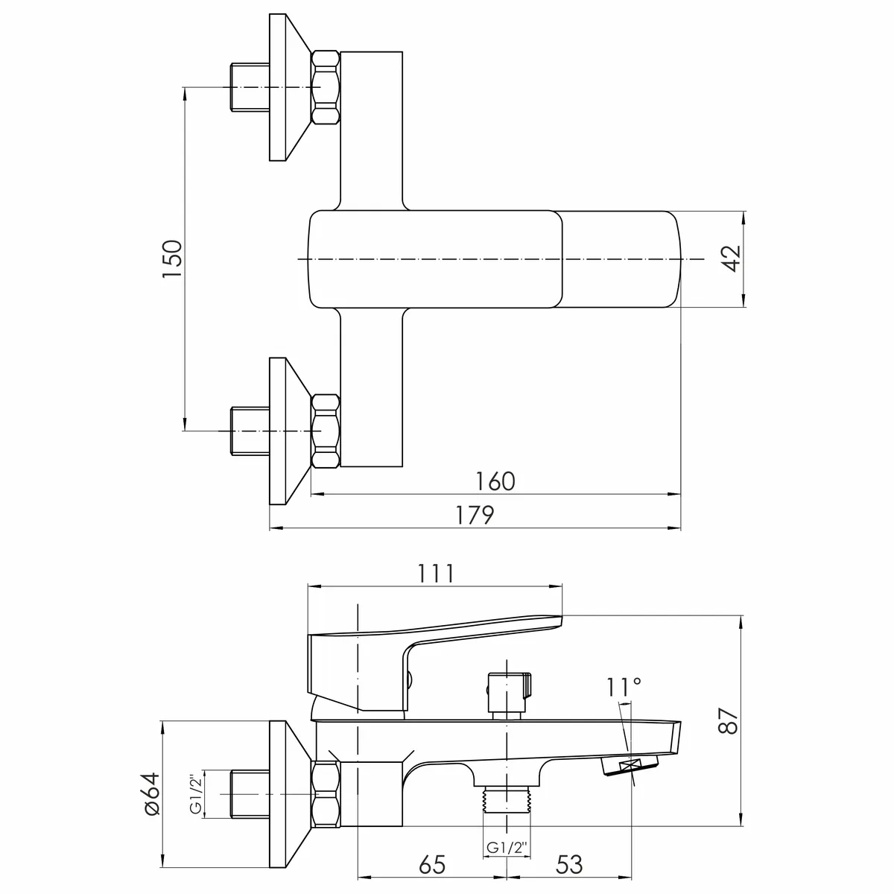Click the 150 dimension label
[172, 259]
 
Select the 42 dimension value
[732, 259]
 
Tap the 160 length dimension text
[495, 481]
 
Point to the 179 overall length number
[475, 516]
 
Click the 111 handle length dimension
[436, 574]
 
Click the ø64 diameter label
[152, 793]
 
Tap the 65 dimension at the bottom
[432, 864]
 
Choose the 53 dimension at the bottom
[568, 864]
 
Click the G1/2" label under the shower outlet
[507, 847]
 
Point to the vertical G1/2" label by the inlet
[197, 793]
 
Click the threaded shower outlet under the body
[507, 799]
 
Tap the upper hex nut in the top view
[326, 88]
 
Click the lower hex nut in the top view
[326, 431]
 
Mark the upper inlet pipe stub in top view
[250, 88]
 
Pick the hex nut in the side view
[326, 793]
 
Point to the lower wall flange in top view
[290, 431]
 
